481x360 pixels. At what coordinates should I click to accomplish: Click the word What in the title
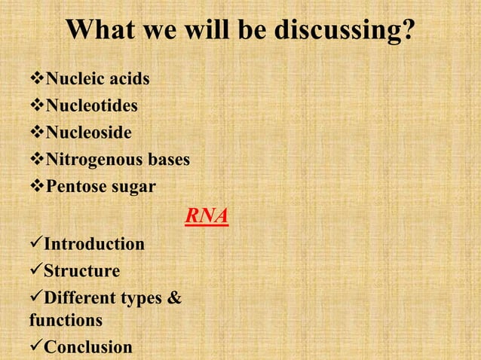tap(100, 31)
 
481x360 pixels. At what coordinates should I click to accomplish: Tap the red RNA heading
tap(207, 217)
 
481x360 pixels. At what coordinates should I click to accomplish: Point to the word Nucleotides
tap(92, 106)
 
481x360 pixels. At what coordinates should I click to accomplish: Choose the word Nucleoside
tap(89, 133)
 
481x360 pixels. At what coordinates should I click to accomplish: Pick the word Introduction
tap(94, 244)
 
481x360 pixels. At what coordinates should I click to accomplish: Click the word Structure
tap(82, 271)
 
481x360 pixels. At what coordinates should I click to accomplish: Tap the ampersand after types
tap(173, 298)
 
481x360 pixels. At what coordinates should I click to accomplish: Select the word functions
tap(66, 321)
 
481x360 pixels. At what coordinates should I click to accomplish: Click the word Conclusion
tap(88, 347)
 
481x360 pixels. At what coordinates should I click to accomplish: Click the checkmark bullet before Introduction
tap(35, 244)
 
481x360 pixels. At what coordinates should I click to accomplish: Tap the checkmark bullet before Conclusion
tap(35, 347)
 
